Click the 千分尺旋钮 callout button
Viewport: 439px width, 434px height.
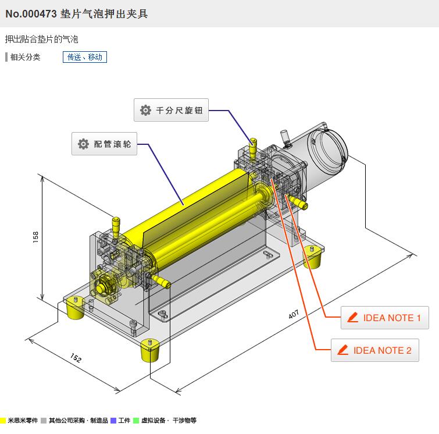tap(171, 110)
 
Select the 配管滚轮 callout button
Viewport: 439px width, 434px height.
tap(105, 144)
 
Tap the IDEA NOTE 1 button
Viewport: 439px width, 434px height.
tap(384, 318)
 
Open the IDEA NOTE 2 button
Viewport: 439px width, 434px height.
tap(374, 350)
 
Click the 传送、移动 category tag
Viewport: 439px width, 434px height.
tap(85, 57)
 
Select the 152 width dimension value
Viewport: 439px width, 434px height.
tap(76, 357)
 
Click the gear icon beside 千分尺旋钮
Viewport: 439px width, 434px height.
tap(145, 110)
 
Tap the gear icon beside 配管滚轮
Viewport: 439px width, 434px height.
tap(83, 144)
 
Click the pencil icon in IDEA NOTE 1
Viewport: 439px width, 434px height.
tap(352, 318)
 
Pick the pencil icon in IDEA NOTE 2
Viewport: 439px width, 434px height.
tap(342, 350)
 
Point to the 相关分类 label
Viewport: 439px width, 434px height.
tap(25, 57)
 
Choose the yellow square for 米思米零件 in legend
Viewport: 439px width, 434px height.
tap(3, 420)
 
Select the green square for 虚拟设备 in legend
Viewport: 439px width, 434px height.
tap(135, 420)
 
